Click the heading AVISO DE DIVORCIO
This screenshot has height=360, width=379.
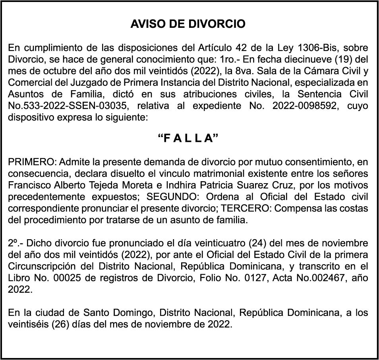[188, 24]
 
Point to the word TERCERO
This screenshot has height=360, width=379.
[241, 208]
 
